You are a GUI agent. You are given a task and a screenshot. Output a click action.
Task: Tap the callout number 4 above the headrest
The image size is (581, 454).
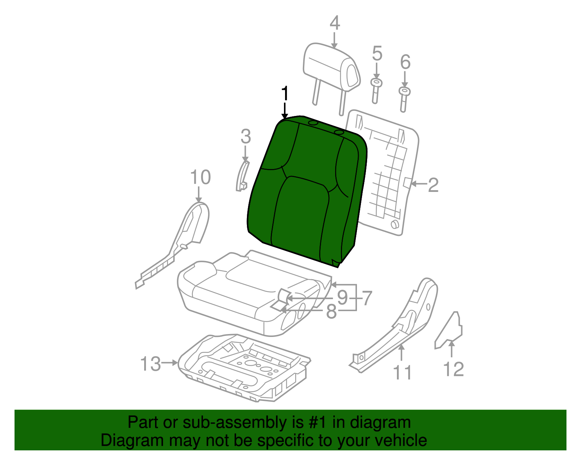pyautogui.click(x=334, y=23)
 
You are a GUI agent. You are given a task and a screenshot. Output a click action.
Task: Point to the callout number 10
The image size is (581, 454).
pyautogui.click(x=200, y=177)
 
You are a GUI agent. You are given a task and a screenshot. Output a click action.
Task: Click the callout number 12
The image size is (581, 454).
pyautogui.click(x=454, y=369)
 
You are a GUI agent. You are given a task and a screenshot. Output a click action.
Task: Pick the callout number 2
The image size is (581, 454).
pyautogui.click(x=433, y=185)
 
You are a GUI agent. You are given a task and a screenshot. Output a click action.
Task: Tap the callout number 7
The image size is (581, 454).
pyautogui.click(x=367, y=298)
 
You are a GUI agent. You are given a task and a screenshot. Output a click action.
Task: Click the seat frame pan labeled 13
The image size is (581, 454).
pyautogui.click(x=243, y=367)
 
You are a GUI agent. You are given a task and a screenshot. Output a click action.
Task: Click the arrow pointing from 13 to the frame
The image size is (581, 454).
pyautogui.click(x=170, y=362)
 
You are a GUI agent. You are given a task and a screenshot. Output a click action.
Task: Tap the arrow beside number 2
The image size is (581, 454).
pyautogui.click(x=418, y=184)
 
